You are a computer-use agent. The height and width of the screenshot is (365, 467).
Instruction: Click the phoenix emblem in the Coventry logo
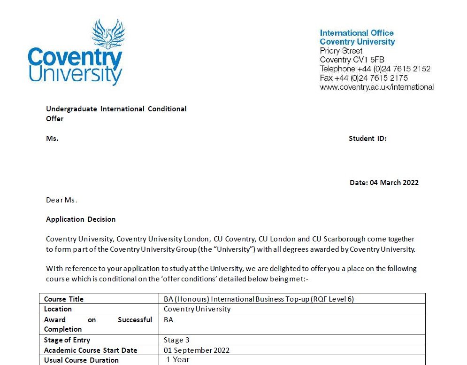point(108,34)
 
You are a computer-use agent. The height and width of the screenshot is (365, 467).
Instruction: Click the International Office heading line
point(357,33)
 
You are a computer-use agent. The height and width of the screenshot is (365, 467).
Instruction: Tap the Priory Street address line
point(341,51)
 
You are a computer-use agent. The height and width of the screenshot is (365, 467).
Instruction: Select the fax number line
point(364,78)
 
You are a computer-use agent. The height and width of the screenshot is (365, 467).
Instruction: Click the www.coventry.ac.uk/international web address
point(376,87)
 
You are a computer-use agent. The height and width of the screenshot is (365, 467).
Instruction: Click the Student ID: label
point(367,139)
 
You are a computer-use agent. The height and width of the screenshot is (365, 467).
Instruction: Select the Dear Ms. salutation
point(61,200)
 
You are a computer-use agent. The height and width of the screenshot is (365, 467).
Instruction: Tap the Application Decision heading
point(81,219)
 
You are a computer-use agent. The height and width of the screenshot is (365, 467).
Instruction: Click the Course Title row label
point(64,299)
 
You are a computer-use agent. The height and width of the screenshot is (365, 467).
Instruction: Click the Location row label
point(58,309)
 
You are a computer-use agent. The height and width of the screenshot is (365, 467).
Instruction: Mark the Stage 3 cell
point(176,340)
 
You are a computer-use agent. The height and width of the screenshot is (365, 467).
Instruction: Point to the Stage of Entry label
point(67,340)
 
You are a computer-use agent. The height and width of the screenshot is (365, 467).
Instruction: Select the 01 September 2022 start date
point(197,350)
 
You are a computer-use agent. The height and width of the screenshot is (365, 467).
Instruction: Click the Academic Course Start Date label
point(91,350)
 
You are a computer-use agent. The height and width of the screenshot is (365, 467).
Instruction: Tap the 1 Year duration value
point(178,360)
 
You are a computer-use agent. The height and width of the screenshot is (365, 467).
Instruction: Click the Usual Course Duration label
point(81,360)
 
